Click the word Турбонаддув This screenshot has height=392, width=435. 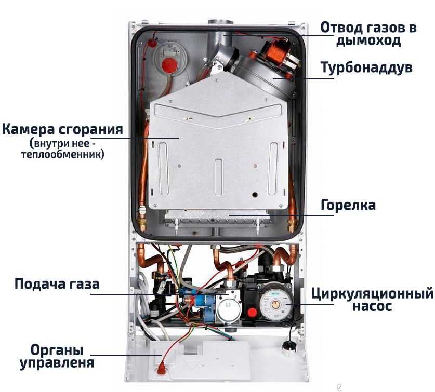(366, 67)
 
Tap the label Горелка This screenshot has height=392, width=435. (348, 205)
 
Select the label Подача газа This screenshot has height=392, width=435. (57, 284)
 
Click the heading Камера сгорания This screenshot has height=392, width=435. (62, 129)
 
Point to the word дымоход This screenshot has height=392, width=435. (368, 40)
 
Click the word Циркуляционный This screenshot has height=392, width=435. (372, 293)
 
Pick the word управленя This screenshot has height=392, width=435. (57, 363)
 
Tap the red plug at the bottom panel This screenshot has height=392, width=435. (162, 370)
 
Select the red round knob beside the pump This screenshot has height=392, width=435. (252, 313)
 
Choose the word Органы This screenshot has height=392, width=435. (57, 350)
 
